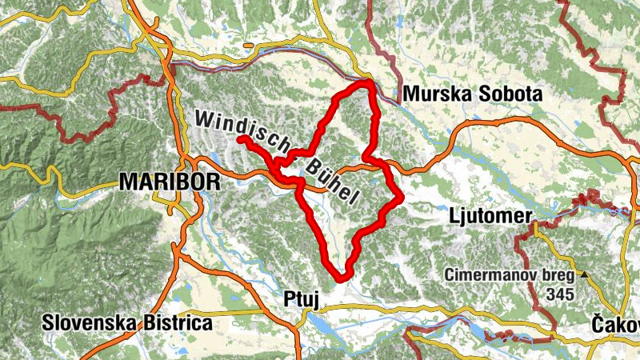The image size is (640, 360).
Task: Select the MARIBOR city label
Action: pyautogui.click(x=169, y=182)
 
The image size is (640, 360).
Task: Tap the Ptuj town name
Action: pyautogui.click(x=302, y=299)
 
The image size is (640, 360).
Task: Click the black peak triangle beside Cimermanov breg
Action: pyautogui.click(x=585, y=275)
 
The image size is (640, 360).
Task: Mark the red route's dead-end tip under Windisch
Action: pyautogui.click(x=240, y=139)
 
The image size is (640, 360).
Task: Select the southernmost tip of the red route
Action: pyautogui.click(x=342, y=279)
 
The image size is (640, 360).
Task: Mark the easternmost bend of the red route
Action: pyautogui.click(x=399, y=197)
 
